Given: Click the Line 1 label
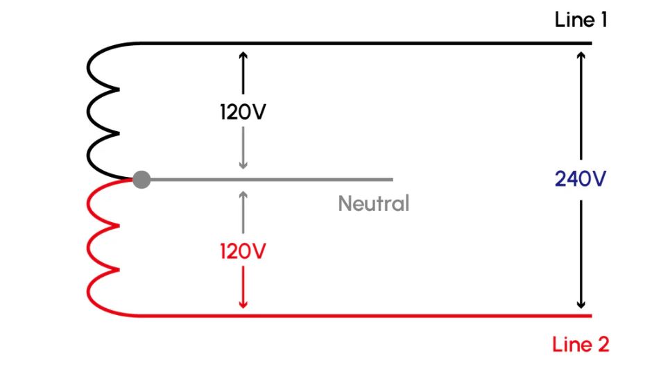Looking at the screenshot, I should (x=581, y=19).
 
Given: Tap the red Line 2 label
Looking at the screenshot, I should (x=581, y=344).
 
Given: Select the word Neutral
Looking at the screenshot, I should (x=374, y=203).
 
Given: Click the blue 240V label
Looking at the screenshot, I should (x=581, y=179).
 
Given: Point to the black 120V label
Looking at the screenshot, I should (x=243, y=112).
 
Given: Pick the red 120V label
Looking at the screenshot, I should (x=243, y=251).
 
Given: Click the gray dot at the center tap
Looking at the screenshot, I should (x=141, y=180).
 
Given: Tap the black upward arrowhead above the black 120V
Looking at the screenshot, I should (x=243, y=56).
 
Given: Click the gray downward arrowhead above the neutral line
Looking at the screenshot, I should (x=243, y=165).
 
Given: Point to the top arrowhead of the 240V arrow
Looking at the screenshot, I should (x=581, y=56).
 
